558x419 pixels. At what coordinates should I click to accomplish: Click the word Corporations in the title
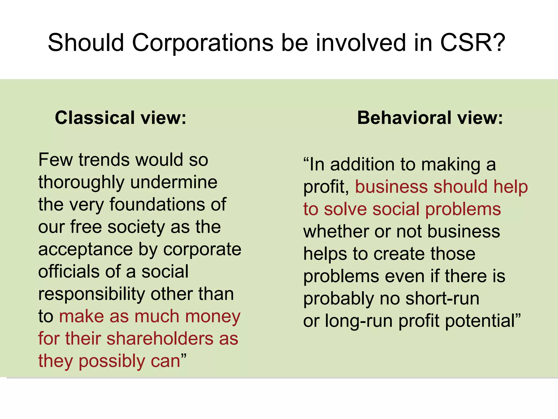[x=203, y=43]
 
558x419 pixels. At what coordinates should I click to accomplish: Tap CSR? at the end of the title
[x=473, y=43]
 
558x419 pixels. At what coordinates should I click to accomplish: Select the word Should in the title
[x=86, y=43]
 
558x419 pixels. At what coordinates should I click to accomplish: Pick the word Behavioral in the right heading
[x=404, y=118]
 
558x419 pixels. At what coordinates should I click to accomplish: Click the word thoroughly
[x=81, y=183]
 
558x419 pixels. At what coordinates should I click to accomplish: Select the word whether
[x=336, y=232]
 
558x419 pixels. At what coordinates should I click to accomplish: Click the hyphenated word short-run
[x=442, y=298]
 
